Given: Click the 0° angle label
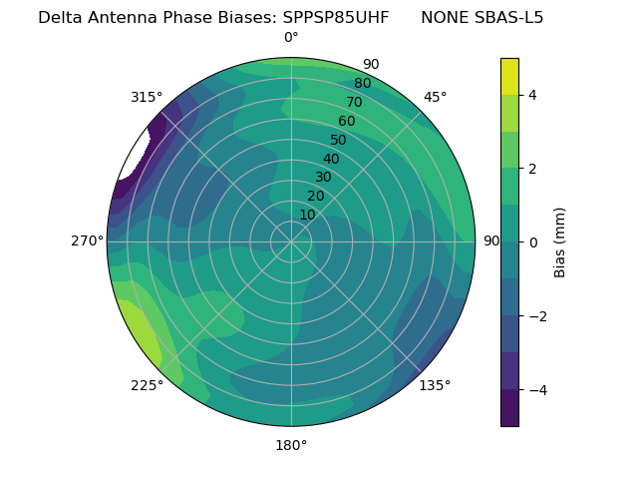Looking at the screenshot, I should coord(291,38).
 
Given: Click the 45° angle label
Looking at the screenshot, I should coord(436,97).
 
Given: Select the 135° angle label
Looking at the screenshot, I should coord(435,385).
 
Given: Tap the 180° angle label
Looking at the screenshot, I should coord(291,445).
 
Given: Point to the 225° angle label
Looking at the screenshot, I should coord(147,386).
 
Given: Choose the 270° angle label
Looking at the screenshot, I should coord(87,240).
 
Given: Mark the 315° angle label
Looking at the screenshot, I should coord(147,97).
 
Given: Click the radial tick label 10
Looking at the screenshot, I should coord(307,215).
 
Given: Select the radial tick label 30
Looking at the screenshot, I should coord(323,178).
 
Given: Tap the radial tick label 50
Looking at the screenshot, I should coord(338,140).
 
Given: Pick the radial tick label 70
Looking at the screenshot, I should coord(354,102).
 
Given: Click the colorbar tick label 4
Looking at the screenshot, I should coord(532,95).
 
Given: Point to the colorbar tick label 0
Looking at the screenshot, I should coord(532,242).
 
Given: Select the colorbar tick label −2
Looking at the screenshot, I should coord(535,316).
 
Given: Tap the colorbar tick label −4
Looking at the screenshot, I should coord(535,390).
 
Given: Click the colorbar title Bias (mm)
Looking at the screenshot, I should coord(560,242).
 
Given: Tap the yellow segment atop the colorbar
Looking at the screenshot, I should coord(509,76).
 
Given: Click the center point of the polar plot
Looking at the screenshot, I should coord(291,241).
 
